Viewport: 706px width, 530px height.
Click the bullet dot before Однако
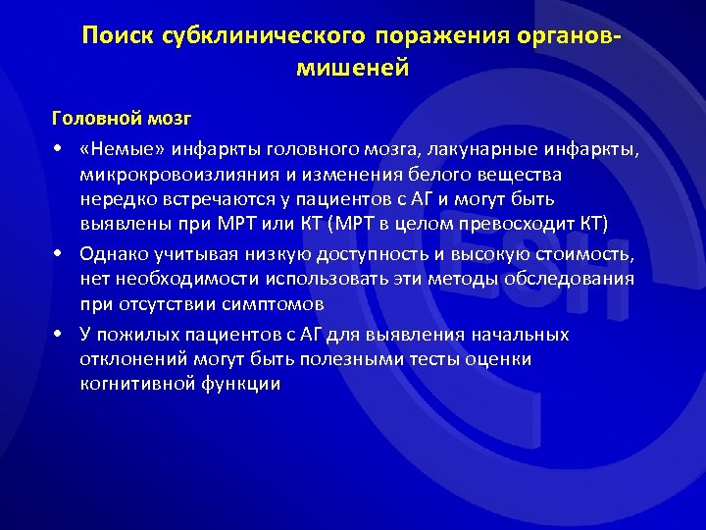coord(61,255)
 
